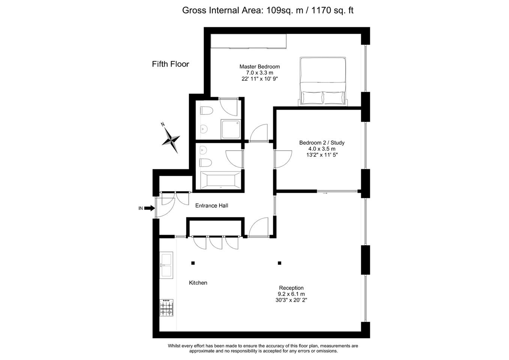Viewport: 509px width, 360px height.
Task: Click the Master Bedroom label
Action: pyautogui.click(x=260, y=66)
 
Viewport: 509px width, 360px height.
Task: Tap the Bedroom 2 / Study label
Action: pyautogui.click(x=322, y=142)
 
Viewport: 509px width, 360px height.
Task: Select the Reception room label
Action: pyautogui.click(x=291, y=288)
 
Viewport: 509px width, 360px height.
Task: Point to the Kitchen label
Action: pyautogui.click(x=198, y=283)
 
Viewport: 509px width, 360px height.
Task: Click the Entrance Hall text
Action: pyautogui.click(x=212, y=205)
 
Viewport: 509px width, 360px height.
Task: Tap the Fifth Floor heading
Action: pyautogui.click(x=170, y=64)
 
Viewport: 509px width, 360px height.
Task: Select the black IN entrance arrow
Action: pyautogui.click(x=149, y=208)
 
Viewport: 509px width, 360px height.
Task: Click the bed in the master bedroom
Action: pyautogui.click(x=323, y=81)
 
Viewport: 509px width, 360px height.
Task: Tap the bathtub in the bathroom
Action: pyautogui.click(x=221, y=180)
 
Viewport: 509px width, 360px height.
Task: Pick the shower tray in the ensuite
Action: pyautogui.click(x=231, y=129)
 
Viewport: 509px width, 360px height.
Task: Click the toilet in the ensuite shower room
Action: pyautogui.click(x=206, y=111)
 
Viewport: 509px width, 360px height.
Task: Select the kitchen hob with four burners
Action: pyautogui.click(x=166, y=308)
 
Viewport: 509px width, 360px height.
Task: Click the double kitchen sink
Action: pyautogui.click(x=166, y=265)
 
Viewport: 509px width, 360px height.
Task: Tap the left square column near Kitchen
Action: pyautogui.click(x=193, y=263)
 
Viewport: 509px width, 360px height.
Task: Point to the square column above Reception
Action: pyautogui.click(x=279, y=263)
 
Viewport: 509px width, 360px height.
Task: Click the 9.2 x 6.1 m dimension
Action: pyautogui.click(x=291, y=294)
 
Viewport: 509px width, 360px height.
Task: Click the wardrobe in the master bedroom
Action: pyautogui.click(x=248, y=41)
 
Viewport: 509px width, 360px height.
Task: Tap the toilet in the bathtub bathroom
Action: pyautogui.click(x=206, y=163)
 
